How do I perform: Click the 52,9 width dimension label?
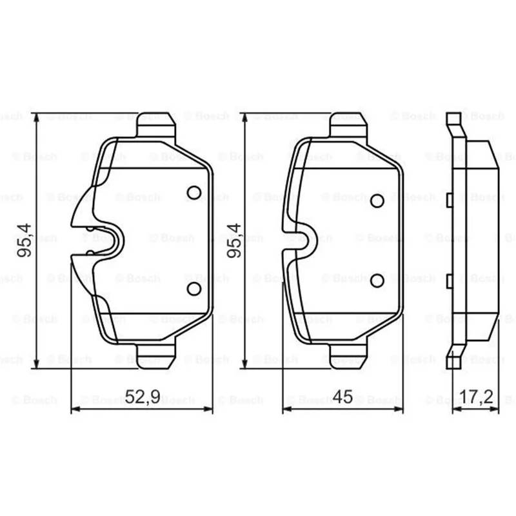143,397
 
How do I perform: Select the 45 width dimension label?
342,397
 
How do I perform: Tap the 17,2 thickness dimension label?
476,397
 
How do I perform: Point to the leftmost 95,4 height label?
25,240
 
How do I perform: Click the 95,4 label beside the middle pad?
234,240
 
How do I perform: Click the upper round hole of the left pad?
194,192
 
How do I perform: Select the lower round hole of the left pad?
194,288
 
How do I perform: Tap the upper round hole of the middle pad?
377,201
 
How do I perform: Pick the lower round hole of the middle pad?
377,281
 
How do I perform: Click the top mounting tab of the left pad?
156,124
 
